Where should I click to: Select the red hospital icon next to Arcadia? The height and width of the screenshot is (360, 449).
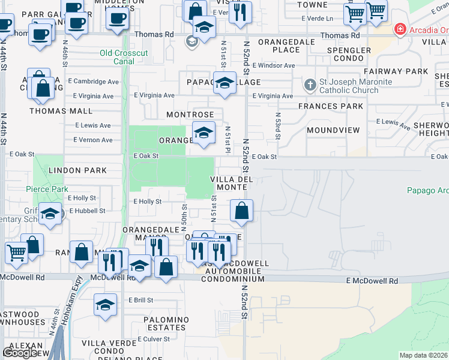click(x=399, y=29)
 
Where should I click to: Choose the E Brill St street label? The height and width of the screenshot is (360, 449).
click(x=140, y=300)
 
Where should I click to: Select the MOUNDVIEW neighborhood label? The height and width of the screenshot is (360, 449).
click(x=333, y=130)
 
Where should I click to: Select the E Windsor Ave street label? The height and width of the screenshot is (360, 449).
click(x=274, y=65)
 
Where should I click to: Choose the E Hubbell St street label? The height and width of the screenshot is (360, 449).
click(x=87, y=211)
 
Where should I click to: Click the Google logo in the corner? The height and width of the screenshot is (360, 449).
click(x=20, y=353)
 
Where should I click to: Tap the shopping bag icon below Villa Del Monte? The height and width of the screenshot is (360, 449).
click(x=241, y=211)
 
